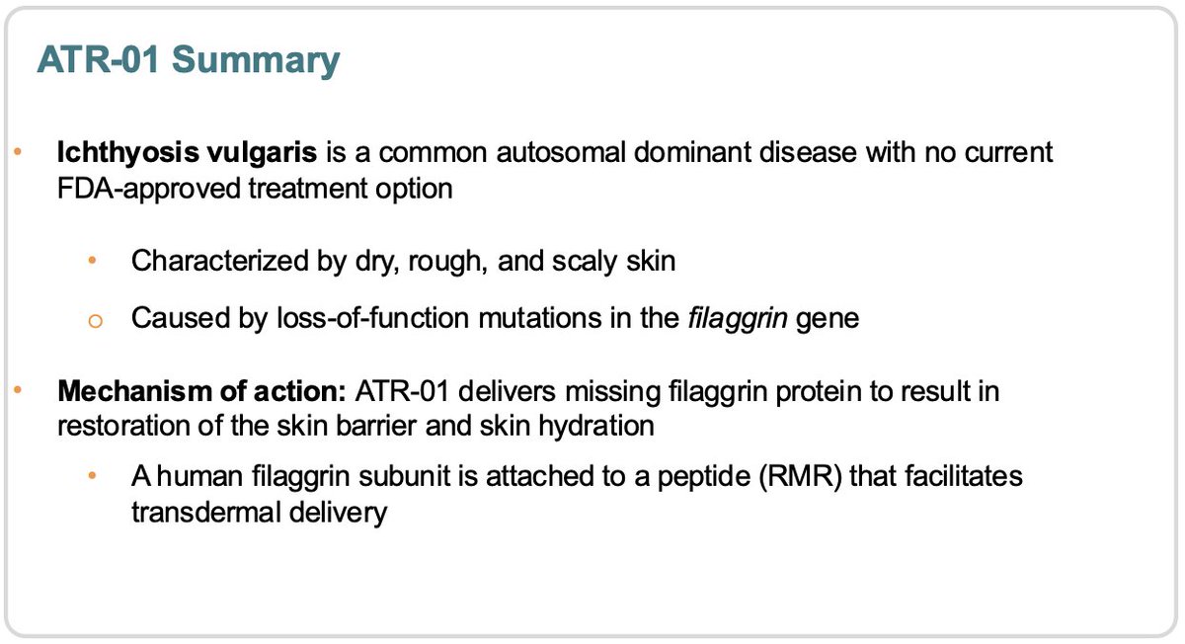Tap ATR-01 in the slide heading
tap(99, 61)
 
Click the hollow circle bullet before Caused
tap(93, 320)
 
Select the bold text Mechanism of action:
tap(200, 391)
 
